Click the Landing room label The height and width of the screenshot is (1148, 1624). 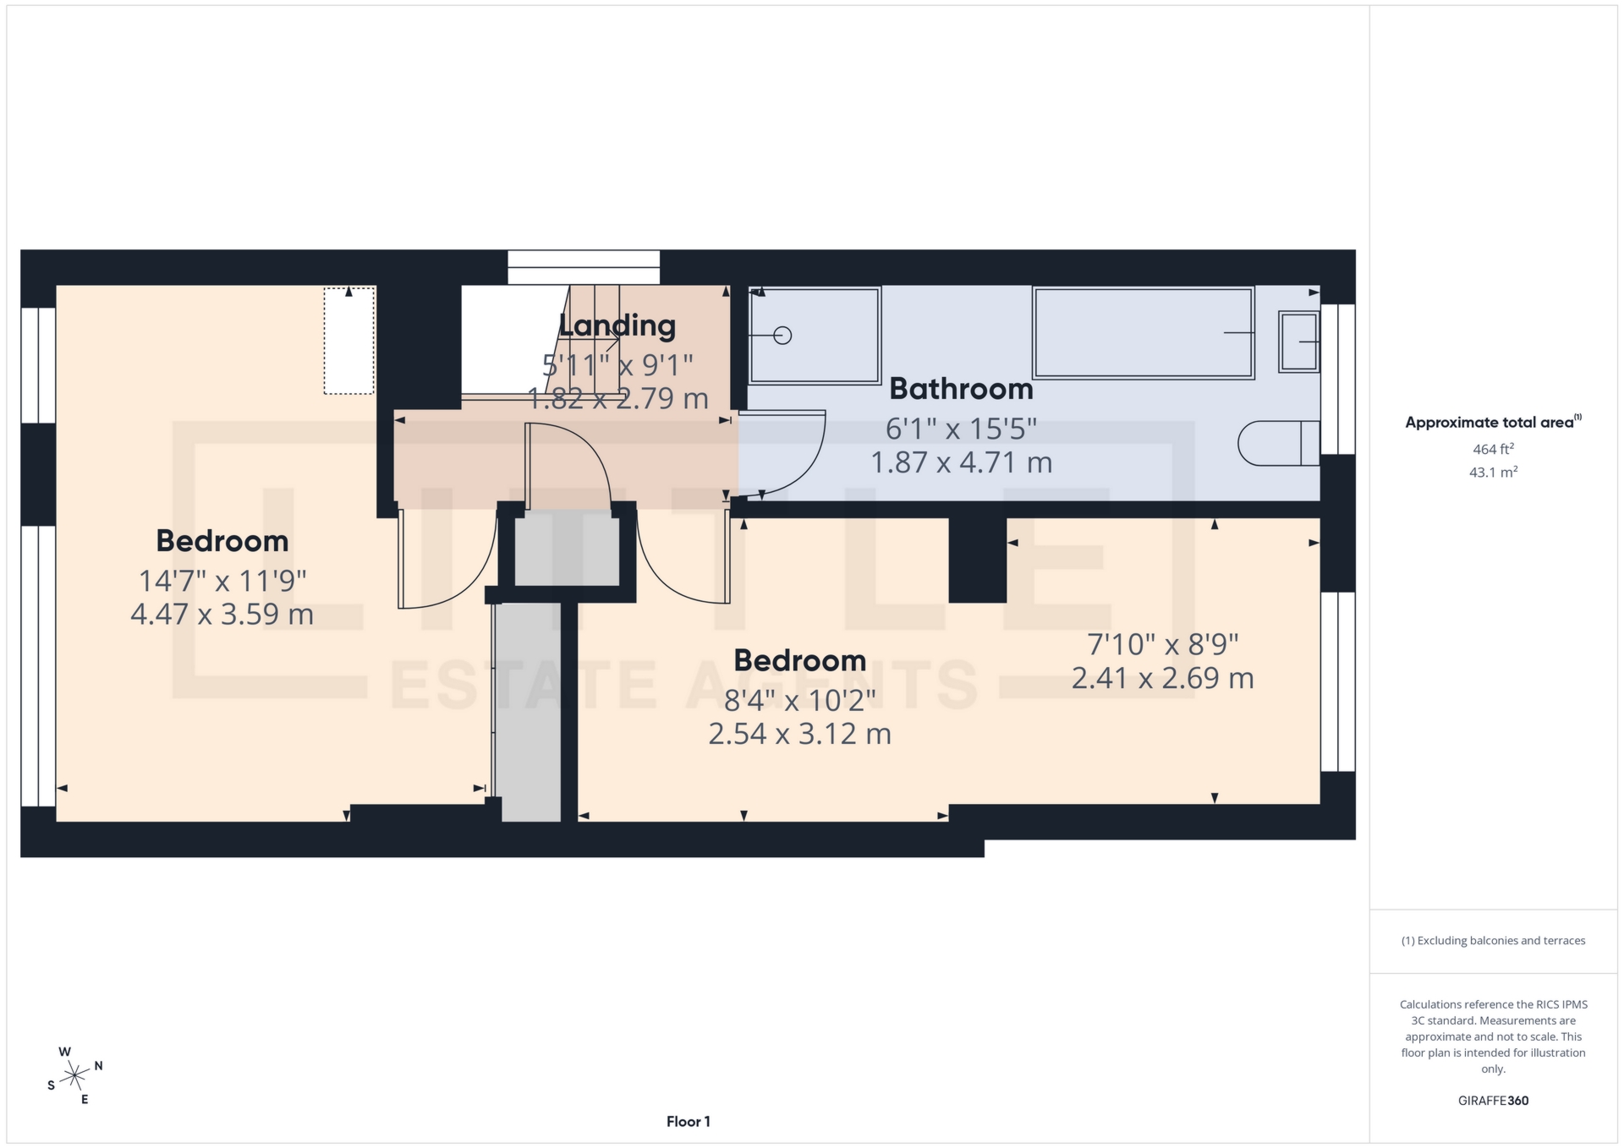(617, 325)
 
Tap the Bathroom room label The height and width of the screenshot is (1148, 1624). (961, 389)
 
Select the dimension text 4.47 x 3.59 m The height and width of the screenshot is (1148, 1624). (222, 614)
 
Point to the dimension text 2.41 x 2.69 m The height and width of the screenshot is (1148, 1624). (1162, 678)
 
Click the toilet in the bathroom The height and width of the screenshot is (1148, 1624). (1277, 443)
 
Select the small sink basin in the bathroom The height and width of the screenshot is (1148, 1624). (1298, 342)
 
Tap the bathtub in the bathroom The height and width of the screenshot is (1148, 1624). (1142, 332)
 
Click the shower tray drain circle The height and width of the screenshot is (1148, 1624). (783, 336)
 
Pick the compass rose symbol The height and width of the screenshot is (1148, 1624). (75, 1075)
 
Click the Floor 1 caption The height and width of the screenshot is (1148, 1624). (688, 1122)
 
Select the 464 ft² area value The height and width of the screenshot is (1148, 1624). (1493, 449)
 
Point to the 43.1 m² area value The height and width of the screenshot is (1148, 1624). (1493, 472)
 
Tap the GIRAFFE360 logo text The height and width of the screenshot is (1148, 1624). (1493, 1101)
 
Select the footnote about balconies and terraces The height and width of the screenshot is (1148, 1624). (1493, 941)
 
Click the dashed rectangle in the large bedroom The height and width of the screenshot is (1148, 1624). (349, 342)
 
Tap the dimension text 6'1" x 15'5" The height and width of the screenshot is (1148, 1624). (961, 429)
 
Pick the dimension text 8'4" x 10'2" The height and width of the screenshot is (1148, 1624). (799, 701)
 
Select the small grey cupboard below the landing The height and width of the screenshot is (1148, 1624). (567, 549)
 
